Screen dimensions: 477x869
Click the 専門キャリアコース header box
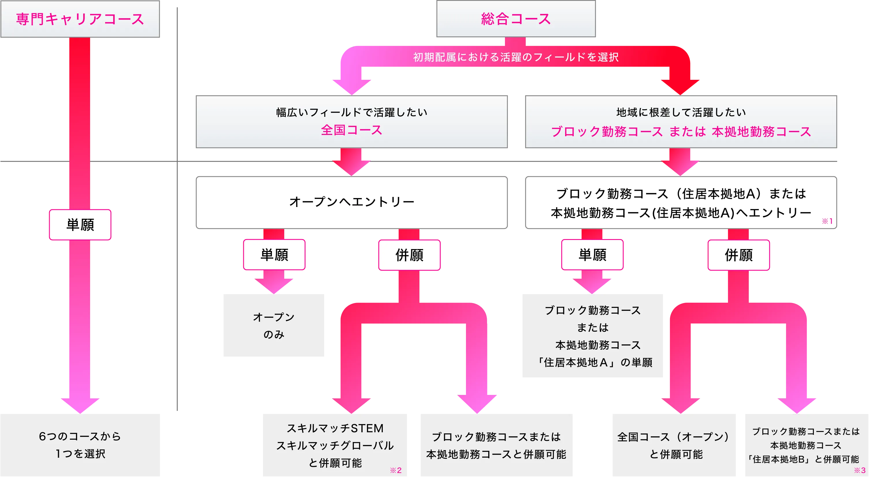tap(80, 19)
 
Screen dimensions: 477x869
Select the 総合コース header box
tap(515, 19)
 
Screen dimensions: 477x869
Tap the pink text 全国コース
tap(351, 130)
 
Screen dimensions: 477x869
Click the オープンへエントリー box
tap(351, 202)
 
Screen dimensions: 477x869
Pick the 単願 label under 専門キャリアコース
tap(80, 225)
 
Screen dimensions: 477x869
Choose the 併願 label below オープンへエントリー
tap(409, 255)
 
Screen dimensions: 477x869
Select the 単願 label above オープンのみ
tap(274, 255)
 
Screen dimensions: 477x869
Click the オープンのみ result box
tap(274, 326)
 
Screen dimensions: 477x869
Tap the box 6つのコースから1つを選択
tap(80, 444)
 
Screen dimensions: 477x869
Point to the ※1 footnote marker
tap(827, 221)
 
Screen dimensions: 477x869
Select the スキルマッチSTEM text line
tap(335, 428)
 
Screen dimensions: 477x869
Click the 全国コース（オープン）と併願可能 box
tap(674, 445)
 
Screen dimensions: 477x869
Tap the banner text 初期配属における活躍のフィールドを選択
tap(515, 57)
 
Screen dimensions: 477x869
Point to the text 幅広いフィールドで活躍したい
tap(351, 112)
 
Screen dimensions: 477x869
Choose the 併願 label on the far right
tap(738, 255)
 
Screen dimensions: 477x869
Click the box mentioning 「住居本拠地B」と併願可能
tap(806, 445)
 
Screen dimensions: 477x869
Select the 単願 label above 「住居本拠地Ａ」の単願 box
tap(592, 255)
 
